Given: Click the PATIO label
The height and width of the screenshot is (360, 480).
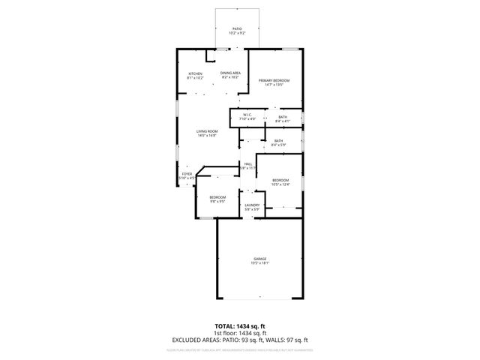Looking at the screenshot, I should (236, 28).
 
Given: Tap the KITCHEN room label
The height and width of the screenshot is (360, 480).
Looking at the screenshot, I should (195, 73).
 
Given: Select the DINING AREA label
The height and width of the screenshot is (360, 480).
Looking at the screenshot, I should (229, 73).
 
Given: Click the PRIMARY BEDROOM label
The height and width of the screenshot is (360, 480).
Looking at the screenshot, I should (274, 80).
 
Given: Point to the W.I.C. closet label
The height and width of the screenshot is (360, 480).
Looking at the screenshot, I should (247, 115).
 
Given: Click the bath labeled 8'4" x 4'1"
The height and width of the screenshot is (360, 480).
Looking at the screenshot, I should (282, 117).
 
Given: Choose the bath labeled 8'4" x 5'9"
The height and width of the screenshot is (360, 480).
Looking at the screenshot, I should (277, 141).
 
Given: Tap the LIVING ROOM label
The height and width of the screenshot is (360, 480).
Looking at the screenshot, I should (207, 131).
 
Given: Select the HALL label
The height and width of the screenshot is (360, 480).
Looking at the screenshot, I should (247, 163).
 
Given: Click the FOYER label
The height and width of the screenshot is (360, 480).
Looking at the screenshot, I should (187, 174).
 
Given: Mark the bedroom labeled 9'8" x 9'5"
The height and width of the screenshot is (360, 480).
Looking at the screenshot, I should (217, 197).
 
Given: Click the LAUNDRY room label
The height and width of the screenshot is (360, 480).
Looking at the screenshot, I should (251, 205).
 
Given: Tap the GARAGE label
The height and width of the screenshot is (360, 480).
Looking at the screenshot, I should (259, 259).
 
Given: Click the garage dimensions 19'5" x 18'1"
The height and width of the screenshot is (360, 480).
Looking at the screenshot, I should (259, 263).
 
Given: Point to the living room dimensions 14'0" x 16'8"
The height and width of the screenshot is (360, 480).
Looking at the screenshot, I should (207, 136).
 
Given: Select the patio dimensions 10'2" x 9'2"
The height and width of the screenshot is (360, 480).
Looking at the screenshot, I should (236, 33).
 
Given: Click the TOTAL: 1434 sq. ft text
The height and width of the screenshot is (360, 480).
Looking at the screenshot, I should (239, 326).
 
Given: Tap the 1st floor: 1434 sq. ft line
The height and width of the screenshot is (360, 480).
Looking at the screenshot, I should (239, 333).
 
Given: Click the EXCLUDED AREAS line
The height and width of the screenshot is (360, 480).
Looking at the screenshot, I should (239, 340).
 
